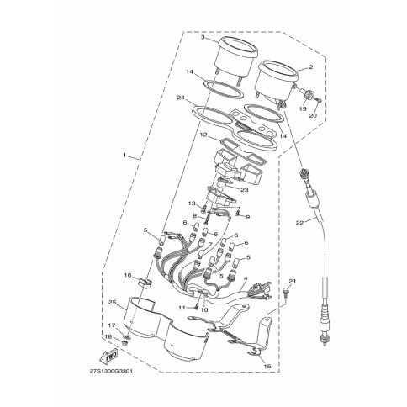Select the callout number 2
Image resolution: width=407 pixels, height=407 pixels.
[x=310, y=66]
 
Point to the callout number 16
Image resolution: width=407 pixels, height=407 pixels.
[x=129, y=275]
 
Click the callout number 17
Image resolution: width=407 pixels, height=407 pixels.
[x=110, y=325]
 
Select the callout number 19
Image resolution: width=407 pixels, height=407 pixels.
[x=301, y=108]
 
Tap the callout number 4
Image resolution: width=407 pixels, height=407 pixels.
[x=245, y=278]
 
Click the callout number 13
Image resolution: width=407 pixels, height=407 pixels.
[x=191, y=204]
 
